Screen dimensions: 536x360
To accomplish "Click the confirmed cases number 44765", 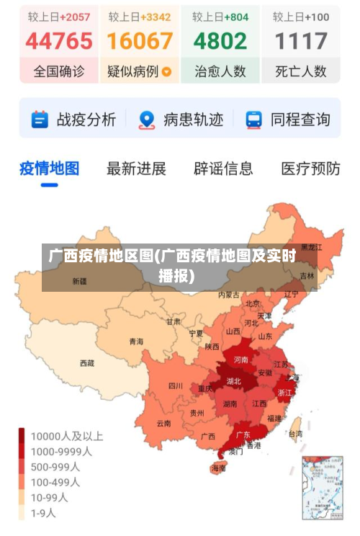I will (x=59, y=41).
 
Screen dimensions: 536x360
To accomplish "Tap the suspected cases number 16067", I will (x=140, y=41).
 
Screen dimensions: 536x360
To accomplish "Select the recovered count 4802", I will (x=220, y=41).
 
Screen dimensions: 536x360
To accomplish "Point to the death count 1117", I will (x=301, y=41).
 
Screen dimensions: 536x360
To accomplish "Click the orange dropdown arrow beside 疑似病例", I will (x=167, y=72).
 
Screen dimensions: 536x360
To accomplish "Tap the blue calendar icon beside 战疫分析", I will (x=40, y=120).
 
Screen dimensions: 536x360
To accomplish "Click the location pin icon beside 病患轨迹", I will (x=147, y=120).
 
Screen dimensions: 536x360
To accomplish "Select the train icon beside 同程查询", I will (x=254, y=120).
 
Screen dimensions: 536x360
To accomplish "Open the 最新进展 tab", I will (x=136, y=169).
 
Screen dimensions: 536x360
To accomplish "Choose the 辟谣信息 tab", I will (x=223, y=169).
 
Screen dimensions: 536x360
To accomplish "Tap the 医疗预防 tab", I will (x=310, y=169).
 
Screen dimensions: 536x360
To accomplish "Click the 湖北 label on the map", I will (x=234, y=381).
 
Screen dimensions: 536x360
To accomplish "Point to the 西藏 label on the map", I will (x=86, y=363).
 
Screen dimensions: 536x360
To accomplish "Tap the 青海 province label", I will (x=136, y=341).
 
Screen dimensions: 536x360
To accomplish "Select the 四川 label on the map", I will (x=175, y=386).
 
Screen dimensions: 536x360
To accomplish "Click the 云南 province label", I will (x=163, y=424).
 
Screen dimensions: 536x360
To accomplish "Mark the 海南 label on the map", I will (x=218, y=468).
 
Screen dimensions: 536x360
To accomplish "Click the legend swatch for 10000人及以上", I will (x=22, y=437).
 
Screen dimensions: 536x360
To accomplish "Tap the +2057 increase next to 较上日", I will (x=76, y=16).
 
